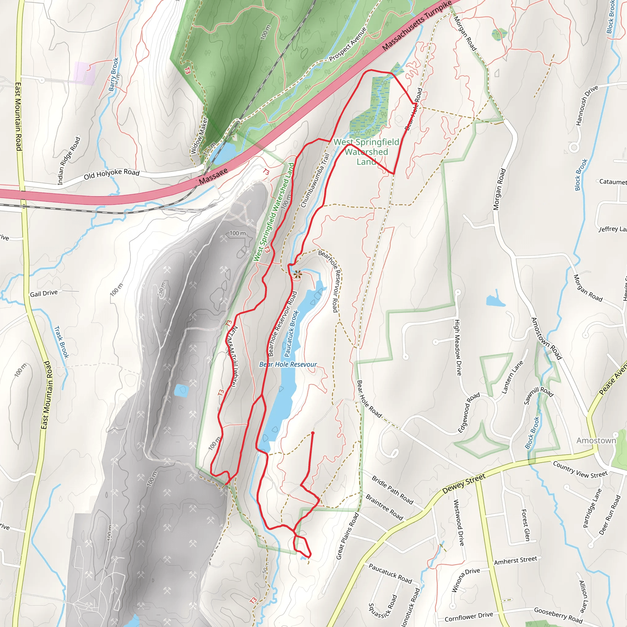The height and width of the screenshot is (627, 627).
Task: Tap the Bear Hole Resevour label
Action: pyautogui.click(x=288, y=364)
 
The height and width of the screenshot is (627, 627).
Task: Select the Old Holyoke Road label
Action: pyautogui.click(x=112, y=174)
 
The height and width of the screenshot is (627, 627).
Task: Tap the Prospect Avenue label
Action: pyautogui.click(x=347, y=44)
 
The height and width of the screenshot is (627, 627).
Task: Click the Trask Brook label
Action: pyautogui.click(x=61, y=342)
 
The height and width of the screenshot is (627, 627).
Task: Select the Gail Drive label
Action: pyautogui.click(x=44, y=293)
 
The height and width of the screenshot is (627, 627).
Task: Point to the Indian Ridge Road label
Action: pyautogui.click(x=69, y=161)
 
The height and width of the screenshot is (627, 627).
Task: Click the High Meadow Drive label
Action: pyautogui.click(x=458, y=347)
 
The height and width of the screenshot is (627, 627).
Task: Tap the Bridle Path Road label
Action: pyautogui.click(x=392, y=490)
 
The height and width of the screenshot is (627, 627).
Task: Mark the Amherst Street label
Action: pyautogui.click(x=515, y=560)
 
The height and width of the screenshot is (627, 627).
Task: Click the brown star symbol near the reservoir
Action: pyautogui.click(x=297, y=275)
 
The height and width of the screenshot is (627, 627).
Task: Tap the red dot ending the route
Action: pyautogui.click(x=313, y=433)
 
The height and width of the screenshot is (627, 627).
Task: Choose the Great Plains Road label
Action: pyautogui.click(x=347, y=536)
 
